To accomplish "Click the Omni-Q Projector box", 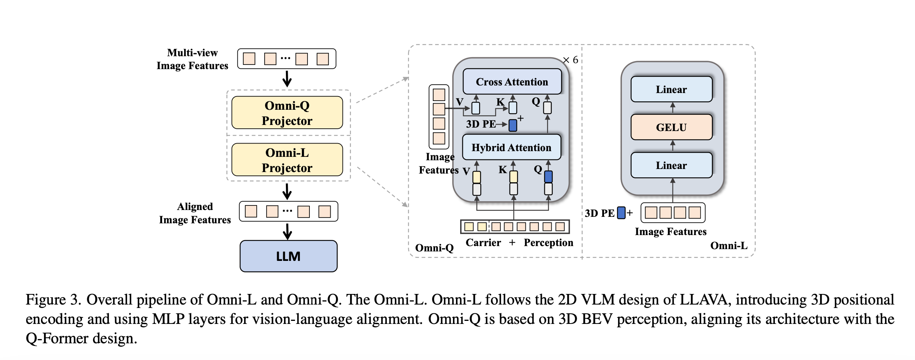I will pos(287,113).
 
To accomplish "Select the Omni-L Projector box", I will pos(287,160).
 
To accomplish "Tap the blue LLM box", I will pos(289,256).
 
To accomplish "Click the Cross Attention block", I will pos(512,82).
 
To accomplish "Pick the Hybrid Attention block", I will pos(511,147).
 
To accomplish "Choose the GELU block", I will pos(671,127).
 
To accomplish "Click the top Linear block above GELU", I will pos(671,89).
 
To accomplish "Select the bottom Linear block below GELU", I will pos(671,165).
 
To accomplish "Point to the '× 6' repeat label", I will pos(571,60).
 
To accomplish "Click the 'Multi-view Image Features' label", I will pos(192,59).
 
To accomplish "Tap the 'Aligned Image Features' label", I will pos(195,213).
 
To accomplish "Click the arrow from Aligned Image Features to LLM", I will pos(288,231).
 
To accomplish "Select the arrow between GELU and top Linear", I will pos(672,108).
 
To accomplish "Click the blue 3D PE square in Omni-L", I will pos(621,213).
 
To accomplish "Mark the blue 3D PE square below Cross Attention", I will pos(513,125).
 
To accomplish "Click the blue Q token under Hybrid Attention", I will pos(548,177).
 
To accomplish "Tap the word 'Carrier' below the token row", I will pos(483,243).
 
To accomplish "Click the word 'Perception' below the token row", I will pos(548,243).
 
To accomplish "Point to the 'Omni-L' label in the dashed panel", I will pos(729,246).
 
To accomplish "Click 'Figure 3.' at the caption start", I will pos(53,300).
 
